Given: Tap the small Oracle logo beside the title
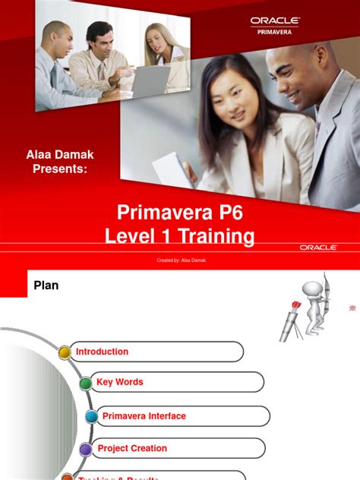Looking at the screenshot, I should tap(317, 247).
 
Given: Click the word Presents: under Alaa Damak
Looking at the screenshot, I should tap(61, 169).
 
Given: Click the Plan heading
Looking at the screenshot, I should tap(46, 286).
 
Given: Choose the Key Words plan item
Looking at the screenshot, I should tap(120, 382).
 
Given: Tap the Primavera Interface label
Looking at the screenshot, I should tap(144, 416).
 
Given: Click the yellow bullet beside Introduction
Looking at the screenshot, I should tap(65, 352).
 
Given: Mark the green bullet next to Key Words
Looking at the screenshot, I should tap(86, 383).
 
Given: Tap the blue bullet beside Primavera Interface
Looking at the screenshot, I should tap(91, 416).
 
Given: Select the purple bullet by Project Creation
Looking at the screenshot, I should tap(85, 449).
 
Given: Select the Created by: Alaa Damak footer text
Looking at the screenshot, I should tap(180, 261).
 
